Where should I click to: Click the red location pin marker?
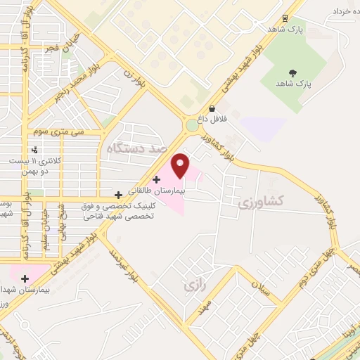tap(180, 166)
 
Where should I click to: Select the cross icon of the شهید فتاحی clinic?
tap(118, 193)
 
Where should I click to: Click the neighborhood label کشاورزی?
tap(260, 202)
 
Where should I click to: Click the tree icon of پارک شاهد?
tap(292, 73)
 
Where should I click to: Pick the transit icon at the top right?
tap(285, 18)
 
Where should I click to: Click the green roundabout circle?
tap(192, 127)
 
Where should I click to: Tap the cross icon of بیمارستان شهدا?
tap(25, 278)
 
